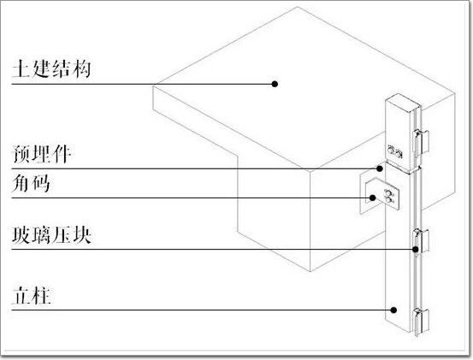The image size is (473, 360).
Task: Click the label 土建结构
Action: point(51,69)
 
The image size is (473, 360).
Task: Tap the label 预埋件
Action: point(42,154)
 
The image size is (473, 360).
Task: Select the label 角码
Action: point(31,183)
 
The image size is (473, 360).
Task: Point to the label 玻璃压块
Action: point(51,235)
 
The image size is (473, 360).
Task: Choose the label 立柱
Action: point(32,296)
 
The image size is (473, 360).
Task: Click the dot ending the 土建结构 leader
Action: point(275,84)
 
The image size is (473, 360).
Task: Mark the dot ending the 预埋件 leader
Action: point(380,168)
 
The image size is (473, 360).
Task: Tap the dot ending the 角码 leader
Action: point(373,198)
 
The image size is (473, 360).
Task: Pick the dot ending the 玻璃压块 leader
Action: point(416,250)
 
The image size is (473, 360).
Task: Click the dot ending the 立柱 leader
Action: point(393,310)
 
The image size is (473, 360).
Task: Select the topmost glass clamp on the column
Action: point(421,142)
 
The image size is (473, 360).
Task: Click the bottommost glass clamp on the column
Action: point(421,322)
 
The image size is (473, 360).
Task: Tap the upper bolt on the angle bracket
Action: point(387,192)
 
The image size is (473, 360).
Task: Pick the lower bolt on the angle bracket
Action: point(388,199)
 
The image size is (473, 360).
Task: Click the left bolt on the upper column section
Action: point(391,150)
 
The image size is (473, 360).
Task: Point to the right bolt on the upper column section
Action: point(399,154)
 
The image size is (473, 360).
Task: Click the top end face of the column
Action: point(403,103)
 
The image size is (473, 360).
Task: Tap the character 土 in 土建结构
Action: point(21,69)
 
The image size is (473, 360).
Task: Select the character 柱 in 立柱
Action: point(42,296)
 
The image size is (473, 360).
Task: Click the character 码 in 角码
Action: point(41,183)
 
